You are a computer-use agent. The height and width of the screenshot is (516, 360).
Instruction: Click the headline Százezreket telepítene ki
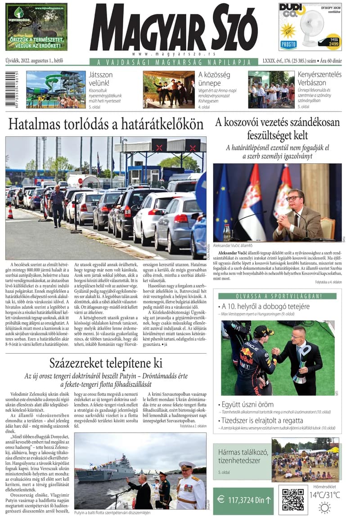pyautogui.click(x=106, y=363)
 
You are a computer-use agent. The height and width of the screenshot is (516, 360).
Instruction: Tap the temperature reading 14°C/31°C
pyautogui.click(x=324, y=495)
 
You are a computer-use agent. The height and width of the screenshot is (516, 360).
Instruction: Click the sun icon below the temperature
pyautogui.click(x=324, y=508)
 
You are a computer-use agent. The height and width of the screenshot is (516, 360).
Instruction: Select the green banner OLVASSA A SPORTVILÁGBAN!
pyautogui.click(x=277, y=296)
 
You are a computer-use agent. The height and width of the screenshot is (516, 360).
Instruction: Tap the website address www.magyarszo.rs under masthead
pyautogui.click(x=173, y=54)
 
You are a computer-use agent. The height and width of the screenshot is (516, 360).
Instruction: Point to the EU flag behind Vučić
pyautogui.click(x=225, y=198)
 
